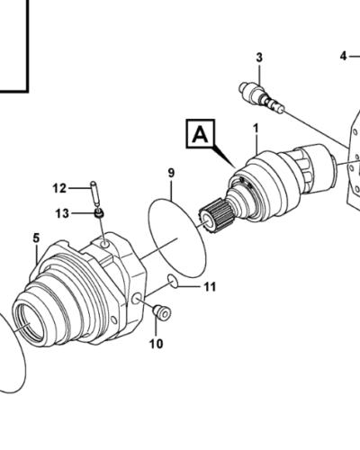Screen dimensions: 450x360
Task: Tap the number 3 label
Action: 259,58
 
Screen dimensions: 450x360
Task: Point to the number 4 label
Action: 343,56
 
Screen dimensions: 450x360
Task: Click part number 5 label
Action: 36,238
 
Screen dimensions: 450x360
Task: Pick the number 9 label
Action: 170,172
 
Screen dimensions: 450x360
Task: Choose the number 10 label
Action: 156,343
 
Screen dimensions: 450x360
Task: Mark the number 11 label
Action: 209,288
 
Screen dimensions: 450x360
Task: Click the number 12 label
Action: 59,188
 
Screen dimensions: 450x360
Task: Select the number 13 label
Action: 61,212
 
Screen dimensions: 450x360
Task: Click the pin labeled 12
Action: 94,193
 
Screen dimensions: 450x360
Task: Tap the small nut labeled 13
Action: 101,213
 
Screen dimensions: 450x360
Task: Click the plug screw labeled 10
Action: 164,312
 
